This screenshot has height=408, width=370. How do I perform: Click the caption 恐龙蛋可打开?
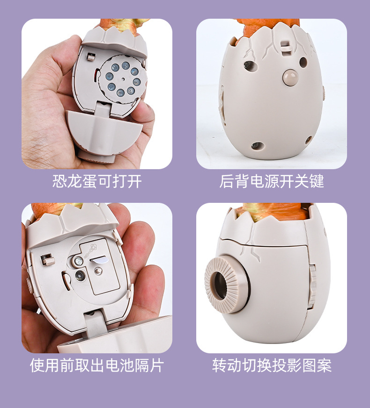pyautogui.click(x=97, y=181)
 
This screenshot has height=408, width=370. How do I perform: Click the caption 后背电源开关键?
pyautogui.click(x=272, y=181)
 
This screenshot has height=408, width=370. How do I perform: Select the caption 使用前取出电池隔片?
pyautogui.click(x=97, y=365)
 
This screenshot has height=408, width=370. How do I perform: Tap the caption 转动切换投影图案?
pyautogui.click(x=272, y=365)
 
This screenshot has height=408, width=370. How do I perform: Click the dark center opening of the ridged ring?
pyautogui.click(x=220, y=285)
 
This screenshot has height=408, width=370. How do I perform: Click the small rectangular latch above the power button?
pyautogui.click(x=283, y=47)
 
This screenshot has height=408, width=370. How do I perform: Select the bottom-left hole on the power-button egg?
pyautogui.click(x=255, y=146)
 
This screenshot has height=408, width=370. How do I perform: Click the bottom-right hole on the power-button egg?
pyautogui.click(x=309, y=140)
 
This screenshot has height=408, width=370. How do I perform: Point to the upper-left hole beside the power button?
pyautogui.click(x=250, y=65)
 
